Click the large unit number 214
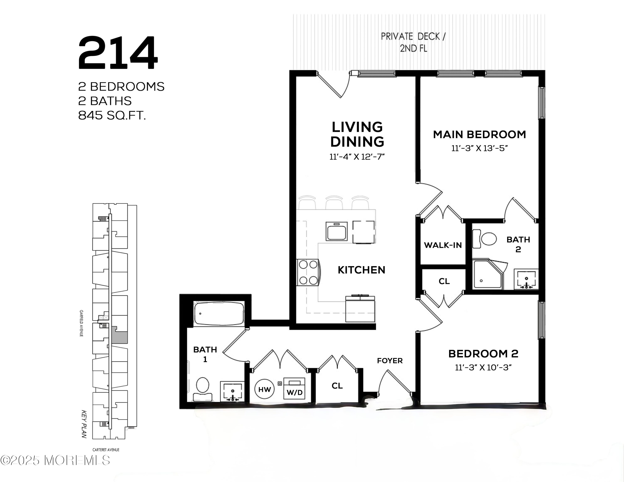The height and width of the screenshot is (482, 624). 118,53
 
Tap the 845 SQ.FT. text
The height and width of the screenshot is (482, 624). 112,115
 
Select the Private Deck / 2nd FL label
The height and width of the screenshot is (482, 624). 413,42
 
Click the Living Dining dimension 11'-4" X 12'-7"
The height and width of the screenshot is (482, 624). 357,157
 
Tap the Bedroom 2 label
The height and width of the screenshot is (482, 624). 483,354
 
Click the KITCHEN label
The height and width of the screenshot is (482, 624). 362,270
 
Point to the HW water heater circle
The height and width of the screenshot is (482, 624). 264,389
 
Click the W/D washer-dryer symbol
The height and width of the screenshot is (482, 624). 294,388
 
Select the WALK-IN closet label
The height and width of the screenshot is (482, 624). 443,245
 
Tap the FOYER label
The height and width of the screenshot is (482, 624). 390,361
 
